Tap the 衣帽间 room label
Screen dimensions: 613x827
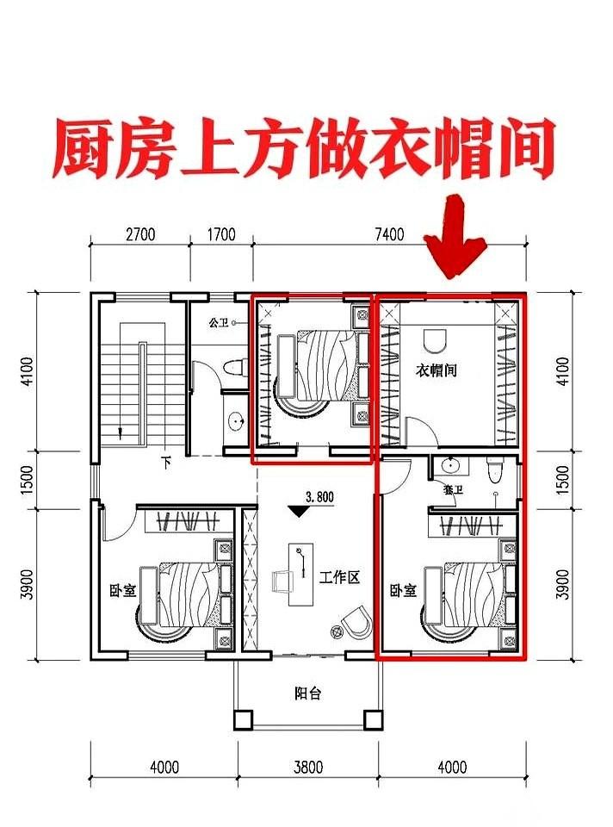[x=437, y=371]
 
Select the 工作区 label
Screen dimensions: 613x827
[x=338, y=577]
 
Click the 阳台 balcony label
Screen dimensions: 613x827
[x=307, y=693]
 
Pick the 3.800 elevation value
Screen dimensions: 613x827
[x=319, y=497]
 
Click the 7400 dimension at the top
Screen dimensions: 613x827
[x=390, y=233]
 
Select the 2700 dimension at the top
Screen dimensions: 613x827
[x=139, y=233]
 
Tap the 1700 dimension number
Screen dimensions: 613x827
[x=221, y=233]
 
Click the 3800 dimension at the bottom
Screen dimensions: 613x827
[x=307, y=766]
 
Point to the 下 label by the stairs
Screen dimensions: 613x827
[x=166, y=463]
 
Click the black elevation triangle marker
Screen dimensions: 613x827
[x=299, y=512]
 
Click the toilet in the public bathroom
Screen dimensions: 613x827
[x=232, y=370]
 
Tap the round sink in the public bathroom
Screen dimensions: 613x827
[x=237, y=422]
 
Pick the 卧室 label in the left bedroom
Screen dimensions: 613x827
[x=120, y=592]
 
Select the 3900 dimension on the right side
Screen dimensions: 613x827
[x=563, y=583]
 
